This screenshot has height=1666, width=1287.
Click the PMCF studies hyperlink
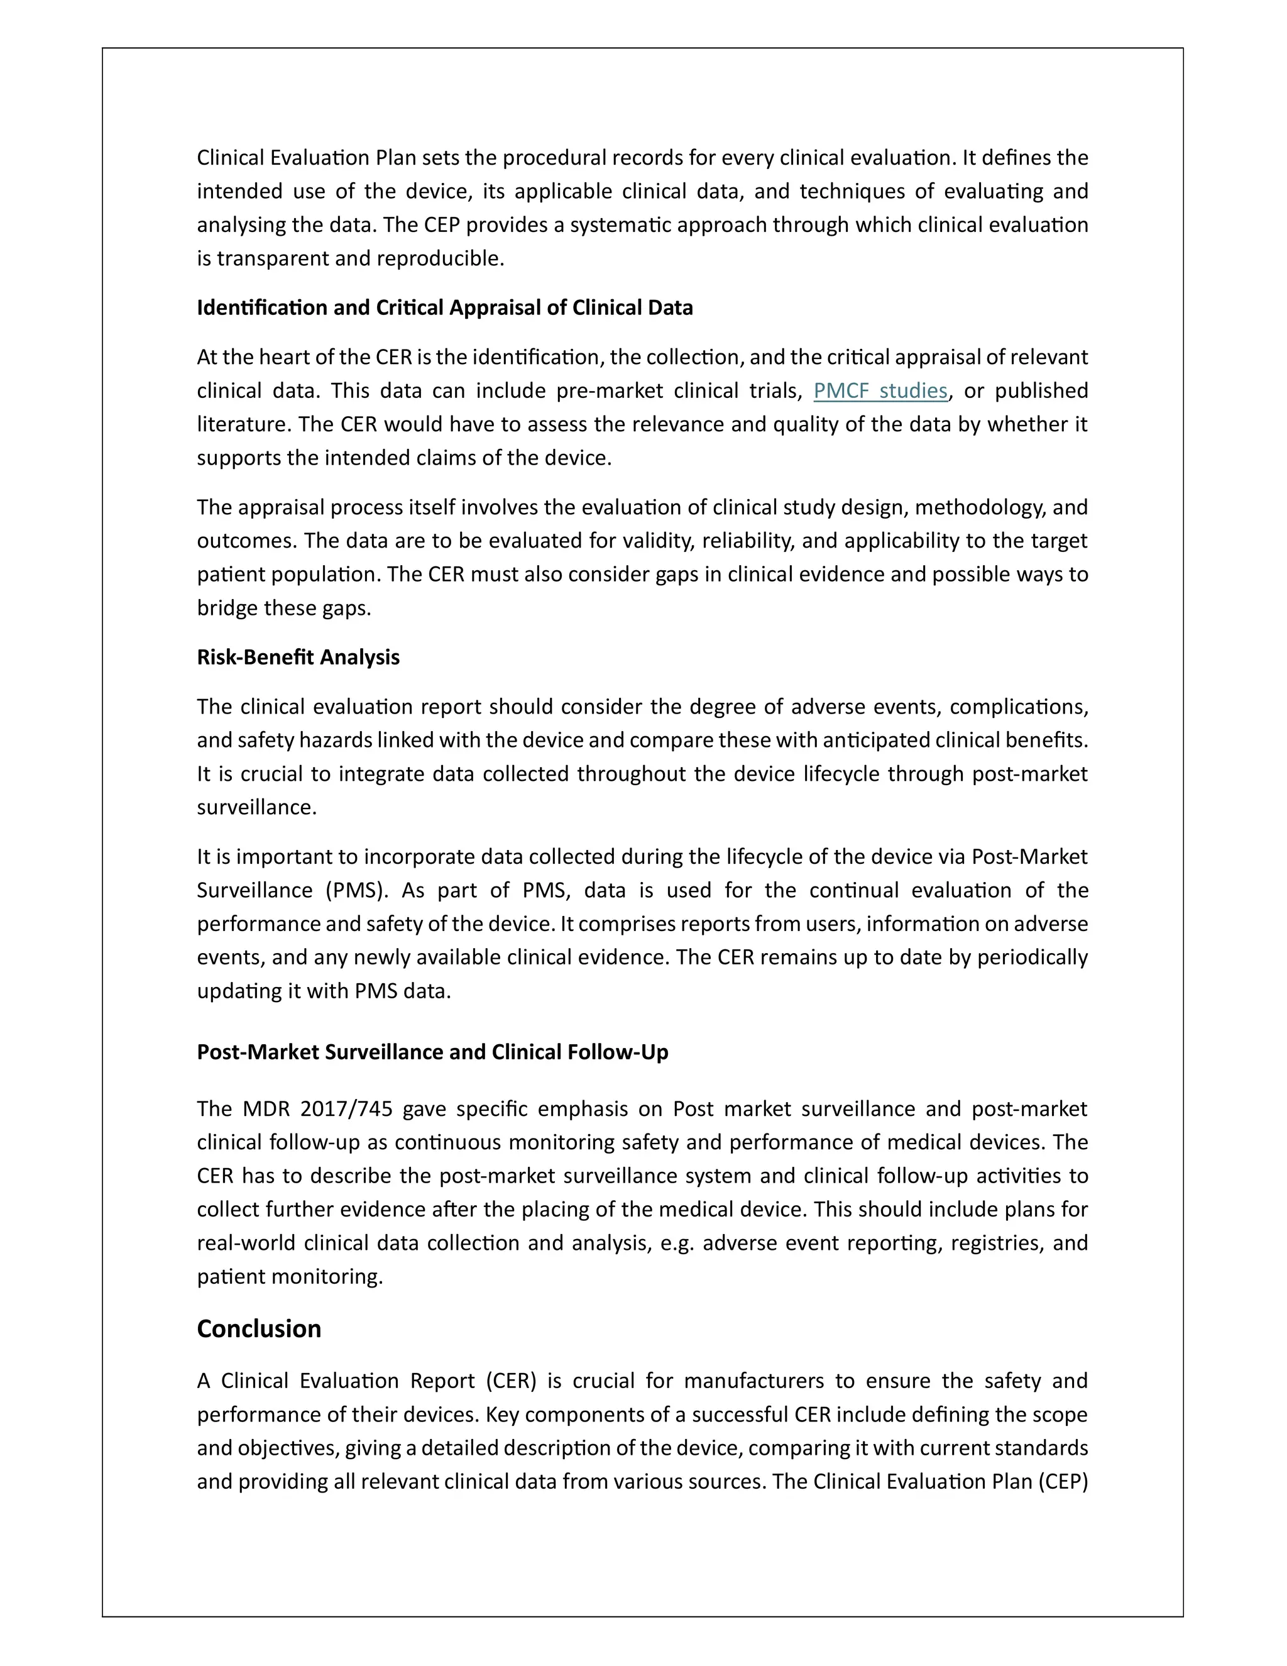click(x=880, y=390)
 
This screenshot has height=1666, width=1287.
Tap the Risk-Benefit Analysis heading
click(x=297, y=657)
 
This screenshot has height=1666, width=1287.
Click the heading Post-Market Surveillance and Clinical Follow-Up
click(x=432, y=1052)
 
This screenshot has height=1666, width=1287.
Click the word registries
click(x=994, y=1243)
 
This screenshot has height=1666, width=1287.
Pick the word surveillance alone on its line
click(x=256, y=807)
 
